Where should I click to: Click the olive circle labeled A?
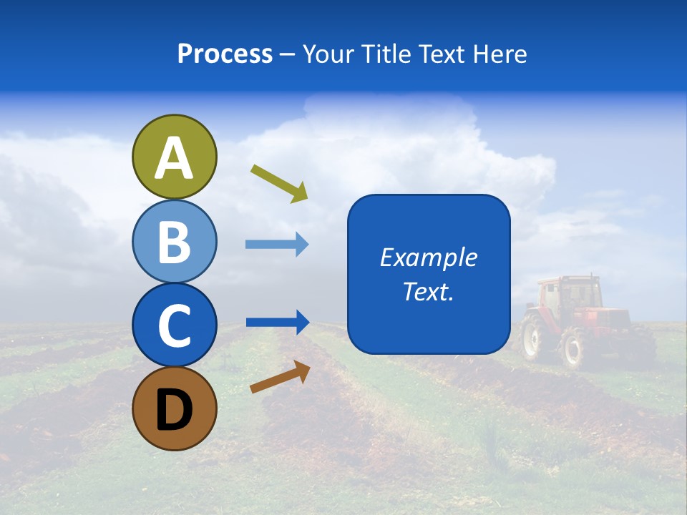175,157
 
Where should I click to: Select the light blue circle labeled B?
175,241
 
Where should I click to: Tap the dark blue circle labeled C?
175,325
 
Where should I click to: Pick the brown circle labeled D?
175,408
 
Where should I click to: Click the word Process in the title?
225,54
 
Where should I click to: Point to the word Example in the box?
429,257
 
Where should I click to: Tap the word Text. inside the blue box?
429,292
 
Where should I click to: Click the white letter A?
175,158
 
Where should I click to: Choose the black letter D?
175,410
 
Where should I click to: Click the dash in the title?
287,55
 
